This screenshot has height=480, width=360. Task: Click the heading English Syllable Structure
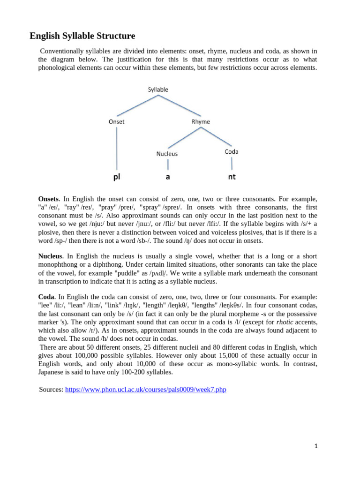coord(82,36)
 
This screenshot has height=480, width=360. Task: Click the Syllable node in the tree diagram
coord(158,90)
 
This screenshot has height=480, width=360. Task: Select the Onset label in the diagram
coord(117,121)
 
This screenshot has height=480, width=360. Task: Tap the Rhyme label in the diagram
coord(201,122)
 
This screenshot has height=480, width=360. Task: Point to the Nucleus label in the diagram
coord(167,153)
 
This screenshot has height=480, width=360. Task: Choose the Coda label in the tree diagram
coord(231,151)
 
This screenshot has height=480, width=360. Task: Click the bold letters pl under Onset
coord(117,177)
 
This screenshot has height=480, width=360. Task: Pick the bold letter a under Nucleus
coord(167,177)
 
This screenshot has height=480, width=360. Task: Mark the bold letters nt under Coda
coord(232,177)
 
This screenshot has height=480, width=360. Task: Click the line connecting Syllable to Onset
coord(137,105)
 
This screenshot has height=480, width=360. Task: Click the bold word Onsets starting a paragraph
coord(48,199)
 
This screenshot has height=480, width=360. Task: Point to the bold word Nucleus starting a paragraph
coord(50,256)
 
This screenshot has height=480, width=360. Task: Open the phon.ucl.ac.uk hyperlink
coord(145,390)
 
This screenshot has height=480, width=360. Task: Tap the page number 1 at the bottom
coord(316,446)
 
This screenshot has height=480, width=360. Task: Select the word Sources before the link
coord(51,390)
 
